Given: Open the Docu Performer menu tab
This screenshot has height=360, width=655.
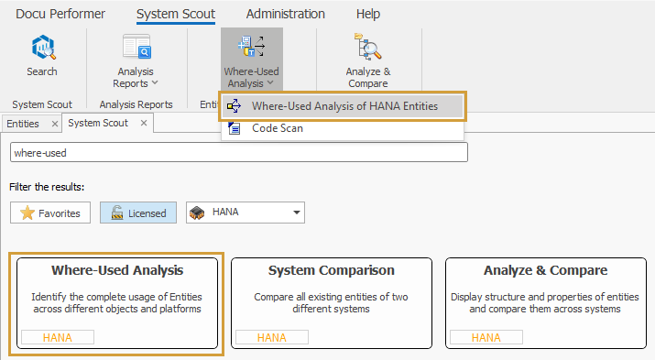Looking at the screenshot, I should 60,14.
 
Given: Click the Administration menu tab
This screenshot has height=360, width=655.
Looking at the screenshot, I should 285,14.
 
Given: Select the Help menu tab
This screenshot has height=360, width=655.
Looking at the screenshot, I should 368,14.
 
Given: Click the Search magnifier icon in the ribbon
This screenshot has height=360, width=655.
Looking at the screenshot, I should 41,48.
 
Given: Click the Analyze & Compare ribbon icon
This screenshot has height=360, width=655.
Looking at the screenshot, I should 368,48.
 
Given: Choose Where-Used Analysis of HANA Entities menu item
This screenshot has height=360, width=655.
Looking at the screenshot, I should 344,105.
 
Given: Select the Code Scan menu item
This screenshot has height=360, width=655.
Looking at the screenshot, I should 277,128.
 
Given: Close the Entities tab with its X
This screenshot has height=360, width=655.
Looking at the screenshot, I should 54,123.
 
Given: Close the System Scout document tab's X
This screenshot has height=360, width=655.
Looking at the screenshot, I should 144,123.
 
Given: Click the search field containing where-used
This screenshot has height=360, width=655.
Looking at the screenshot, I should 238,152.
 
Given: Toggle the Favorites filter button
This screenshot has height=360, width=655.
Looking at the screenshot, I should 50,213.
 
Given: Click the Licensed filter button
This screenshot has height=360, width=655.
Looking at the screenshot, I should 137,213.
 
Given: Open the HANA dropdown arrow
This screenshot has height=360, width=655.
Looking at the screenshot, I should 296,213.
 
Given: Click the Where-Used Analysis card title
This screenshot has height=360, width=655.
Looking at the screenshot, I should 117,270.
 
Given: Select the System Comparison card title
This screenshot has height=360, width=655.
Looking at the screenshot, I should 331,270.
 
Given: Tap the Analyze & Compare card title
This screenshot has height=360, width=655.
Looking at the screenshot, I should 545,270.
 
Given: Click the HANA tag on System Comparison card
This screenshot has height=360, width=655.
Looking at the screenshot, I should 272,337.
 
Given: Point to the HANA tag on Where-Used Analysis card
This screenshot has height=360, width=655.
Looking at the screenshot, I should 58,337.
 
